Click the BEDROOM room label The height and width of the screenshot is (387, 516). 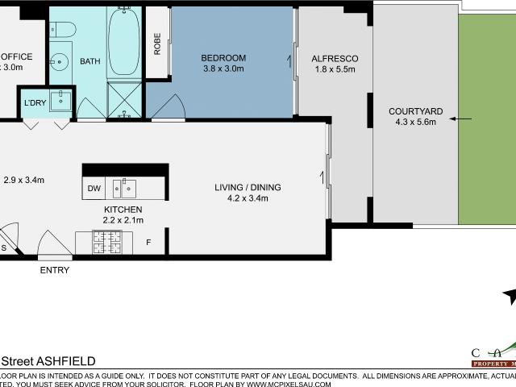[x=223, y=58]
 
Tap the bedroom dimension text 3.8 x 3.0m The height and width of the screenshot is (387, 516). [x=223, y=69]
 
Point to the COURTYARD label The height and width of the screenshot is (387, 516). [x=412, y=111]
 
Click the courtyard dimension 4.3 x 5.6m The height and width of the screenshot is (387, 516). [x=412, y=123]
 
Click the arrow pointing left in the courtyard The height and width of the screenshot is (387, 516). [x=461, y=119]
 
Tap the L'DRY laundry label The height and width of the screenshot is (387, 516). [x=35, y=102]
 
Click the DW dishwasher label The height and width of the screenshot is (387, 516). [x=94, y=189]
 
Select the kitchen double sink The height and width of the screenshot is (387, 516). [x=124, y=189]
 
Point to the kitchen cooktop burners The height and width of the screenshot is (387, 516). [x=106, y=240]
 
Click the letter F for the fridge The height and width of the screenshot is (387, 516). [x=148, y=241]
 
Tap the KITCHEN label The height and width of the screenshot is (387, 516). [x=123, y=208]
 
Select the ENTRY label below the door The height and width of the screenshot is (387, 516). [x=54, y=270]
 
